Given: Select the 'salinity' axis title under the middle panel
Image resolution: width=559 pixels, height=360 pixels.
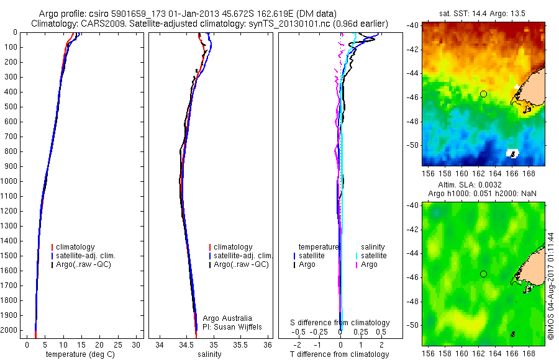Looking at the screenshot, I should (x=210, y=354).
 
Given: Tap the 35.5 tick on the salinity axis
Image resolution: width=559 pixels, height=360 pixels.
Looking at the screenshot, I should (x=242, y=344).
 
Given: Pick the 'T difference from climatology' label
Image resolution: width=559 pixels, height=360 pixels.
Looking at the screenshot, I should (x=340, y=354).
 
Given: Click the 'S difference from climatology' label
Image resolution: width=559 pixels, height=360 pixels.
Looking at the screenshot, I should (x=340, y=323).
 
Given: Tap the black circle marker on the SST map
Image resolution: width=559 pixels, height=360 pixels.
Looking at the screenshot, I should (x=483, y=94).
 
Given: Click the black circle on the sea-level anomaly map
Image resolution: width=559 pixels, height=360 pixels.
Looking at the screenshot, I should (x=483, y=274).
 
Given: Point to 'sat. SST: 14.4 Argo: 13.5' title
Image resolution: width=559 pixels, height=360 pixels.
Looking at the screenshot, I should (x=483, y=12).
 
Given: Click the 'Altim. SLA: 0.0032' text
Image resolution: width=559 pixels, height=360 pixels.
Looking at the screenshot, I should (x=483, y=185).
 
